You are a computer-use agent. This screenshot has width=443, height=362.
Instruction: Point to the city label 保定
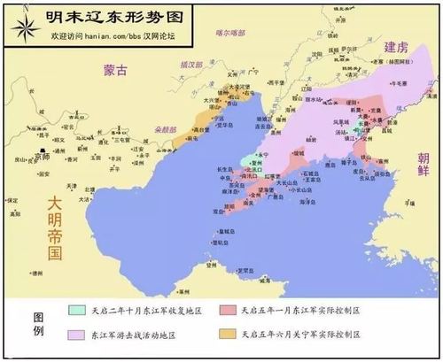[12, 201]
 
